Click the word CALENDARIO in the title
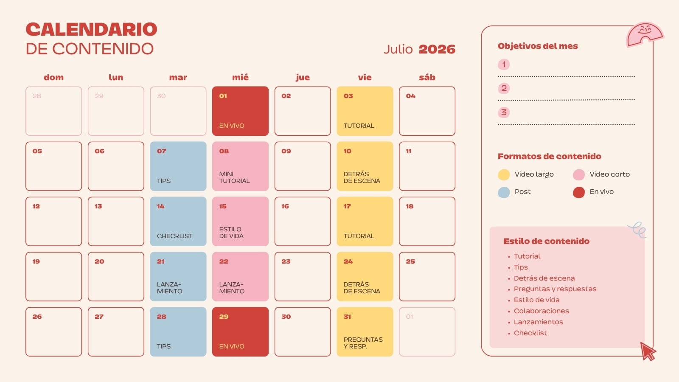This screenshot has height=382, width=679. [92, 29]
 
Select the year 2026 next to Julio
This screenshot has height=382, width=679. [437, 49]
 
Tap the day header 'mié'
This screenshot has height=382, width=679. [240, 77]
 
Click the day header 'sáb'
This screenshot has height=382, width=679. [427, 77]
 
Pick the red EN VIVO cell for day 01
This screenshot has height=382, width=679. [240, 111]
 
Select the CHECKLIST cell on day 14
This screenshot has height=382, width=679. [178, 221]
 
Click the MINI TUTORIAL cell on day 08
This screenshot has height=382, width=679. [240, 166]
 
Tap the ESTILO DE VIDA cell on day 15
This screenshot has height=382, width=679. [240, 221]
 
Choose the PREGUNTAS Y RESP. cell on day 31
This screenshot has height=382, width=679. [365, 331]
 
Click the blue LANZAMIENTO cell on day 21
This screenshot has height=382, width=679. [178, 276]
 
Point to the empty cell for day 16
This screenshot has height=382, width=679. [303, 221]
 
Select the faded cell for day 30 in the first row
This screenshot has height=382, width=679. [178, 111]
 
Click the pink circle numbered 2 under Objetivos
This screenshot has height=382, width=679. [504, 88]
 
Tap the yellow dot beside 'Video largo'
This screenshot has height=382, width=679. [504, 174]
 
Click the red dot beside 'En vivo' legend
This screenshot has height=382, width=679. [579, 192]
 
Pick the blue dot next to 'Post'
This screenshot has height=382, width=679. [504, 192]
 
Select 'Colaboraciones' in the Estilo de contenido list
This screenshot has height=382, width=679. [542, 311]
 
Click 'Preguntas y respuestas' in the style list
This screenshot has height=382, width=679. [555, 289]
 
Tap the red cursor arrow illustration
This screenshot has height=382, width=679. [648, 351]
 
